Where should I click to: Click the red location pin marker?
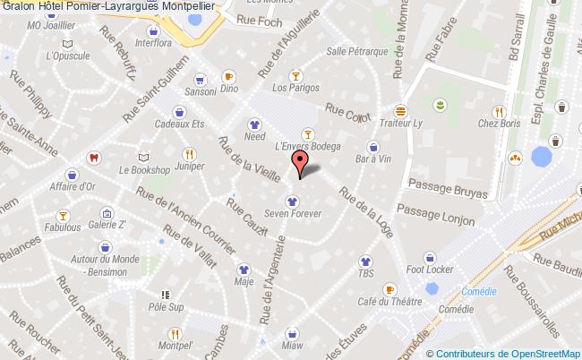tap(301, 163)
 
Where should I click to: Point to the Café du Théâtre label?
tap(389, 301)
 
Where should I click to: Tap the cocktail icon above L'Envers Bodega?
tap(306, 131)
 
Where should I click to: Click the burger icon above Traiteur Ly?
tap(400, 111)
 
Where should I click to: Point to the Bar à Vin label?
tap(373, 159)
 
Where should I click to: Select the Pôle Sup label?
tap(165, 306)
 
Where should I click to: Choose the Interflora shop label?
tap(154, 41)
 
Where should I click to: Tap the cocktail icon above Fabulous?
tap(63, 215)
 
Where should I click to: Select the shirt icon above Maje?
tap(244, 268)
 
